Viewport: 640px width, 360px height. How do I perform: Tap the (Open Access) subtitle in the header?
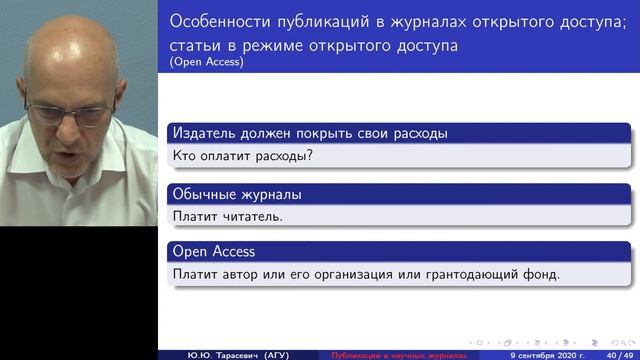click(207, 61)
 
